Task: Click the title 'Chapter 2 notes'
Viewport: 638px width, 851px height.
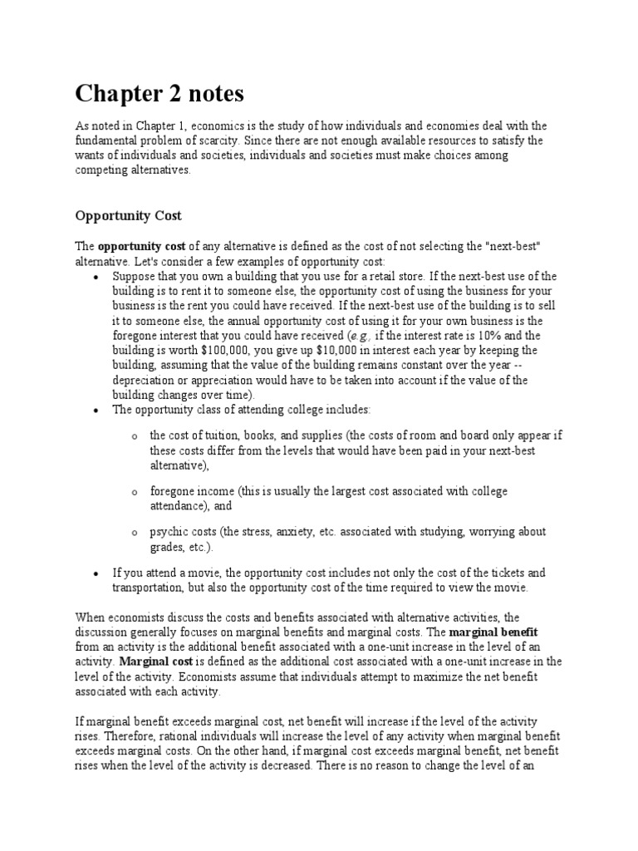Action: (x=160, y=94)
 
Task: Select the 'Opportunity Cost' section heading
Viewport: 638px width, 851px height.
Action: (x=128, y=215)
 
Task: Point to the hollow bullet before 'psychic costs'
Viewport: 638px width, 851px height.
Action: (x=133, y=533)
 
